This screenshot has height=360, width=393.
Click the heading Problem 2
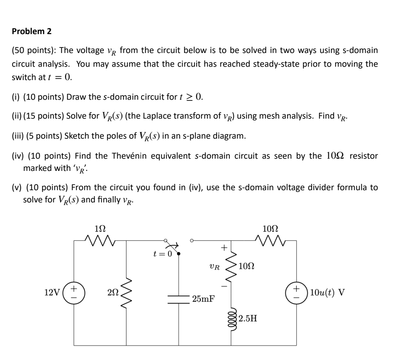tap(32, 32)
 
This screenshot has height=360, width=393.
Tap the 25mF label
tap(203, 298)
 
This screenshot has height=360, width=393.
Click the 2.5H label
tap(248, 317)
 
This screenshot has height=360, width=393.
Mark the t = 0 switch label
tap(163, 254)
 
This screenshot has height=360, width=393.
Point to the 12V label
tap(51, 292)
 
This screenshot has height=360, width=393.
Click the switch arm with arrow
tap(173, 248)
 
